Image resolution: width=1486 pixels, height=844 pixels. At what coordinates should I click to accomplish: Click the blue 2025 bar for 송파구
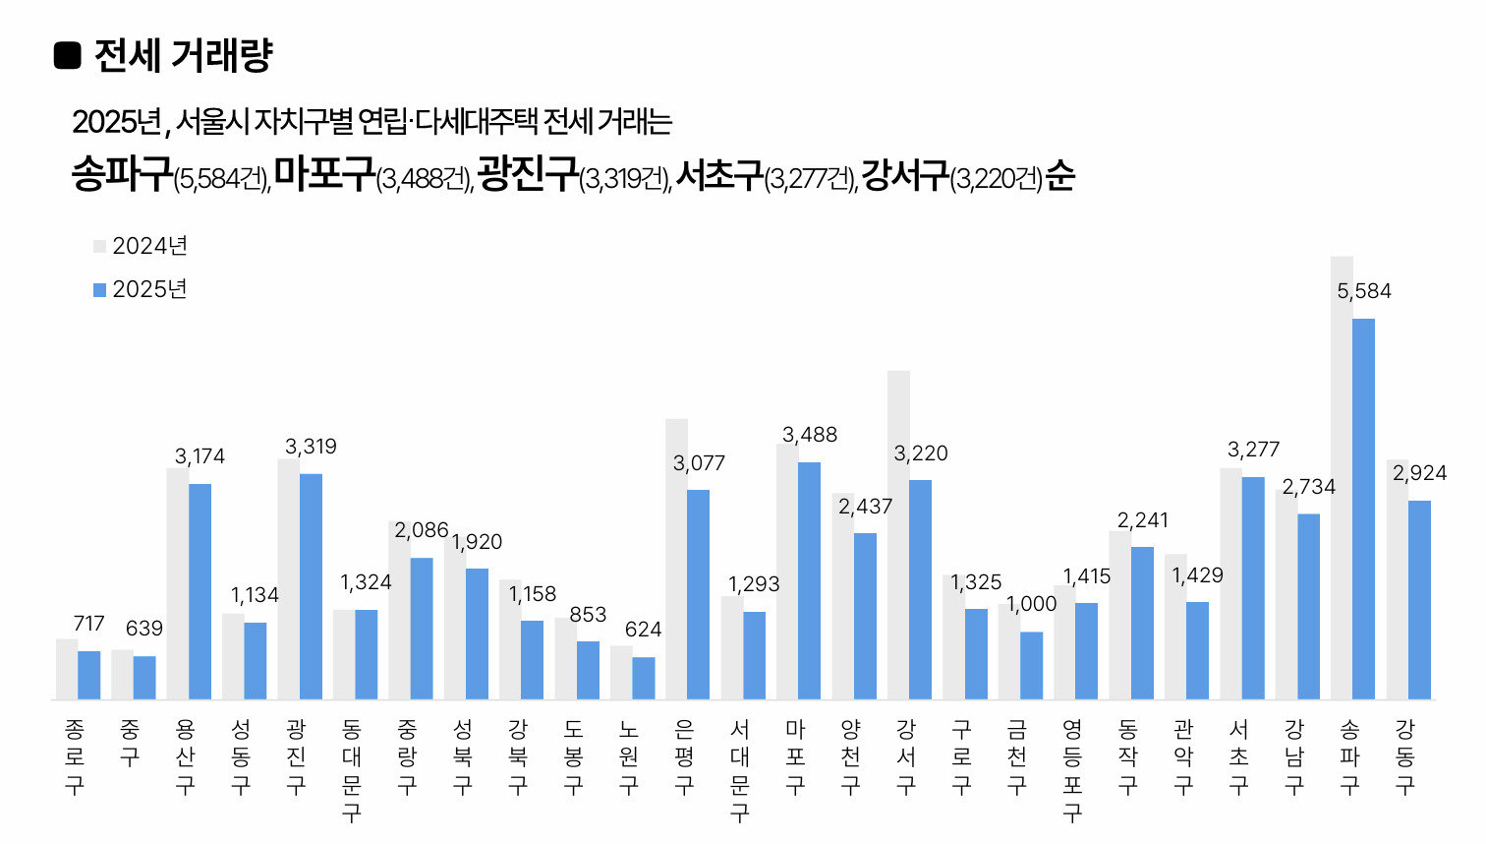click(1363, 509)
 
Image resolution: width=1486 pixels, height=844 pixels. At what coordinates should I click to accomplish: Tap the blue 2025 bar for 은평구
click(698, 594)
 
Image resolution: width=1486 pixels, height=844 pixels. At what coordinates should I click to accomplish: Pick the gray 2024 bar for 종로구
click(67, 669)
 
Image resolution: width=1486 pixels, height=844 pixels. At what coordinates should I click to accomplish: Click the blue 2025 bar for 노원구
click(643, 678)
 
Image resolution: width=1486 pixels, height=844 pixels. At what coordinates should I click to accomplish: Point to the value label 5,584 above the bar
click(1363, 291)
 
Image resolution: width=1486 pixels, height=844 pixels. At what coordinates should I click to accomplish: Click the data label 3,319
click(311, 447)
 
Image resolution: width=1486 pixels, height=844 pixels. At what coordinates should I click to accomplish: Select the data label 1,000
click(1032, 604)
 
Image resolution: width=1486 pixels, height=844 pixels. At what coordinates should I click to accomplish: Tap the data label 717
click(88, 624)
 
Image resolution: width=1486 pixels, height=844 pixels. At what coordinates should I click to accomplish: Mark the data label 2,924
click(1419, 473)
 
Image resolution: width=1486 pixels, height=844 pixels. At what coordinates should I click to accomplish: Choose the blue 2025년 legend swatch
click(99, 290)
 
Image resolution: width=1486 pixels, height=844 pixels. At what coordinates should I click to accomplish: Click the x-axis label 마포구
click(795, 756)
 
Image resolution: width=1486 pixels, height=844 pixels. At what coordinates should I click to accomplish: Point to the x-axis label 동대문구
click(351, 770)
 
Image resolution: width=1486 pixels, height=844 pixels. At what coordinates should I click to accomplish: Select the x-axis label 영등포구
click(1072, 770)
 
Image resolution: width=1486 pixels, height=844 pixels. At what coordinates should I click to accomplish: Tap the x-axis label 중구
click(129, 743)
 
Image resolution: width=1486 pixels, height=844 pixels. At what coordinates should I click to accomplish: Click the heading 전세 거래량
click(183, 56)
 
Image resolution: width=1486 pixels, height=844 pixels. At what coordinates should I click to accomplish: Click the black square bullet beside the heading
click(67, 56)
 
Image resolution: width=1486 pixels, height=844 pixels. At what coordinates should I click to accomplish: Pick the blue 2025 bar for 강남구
click(1308, 606)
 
